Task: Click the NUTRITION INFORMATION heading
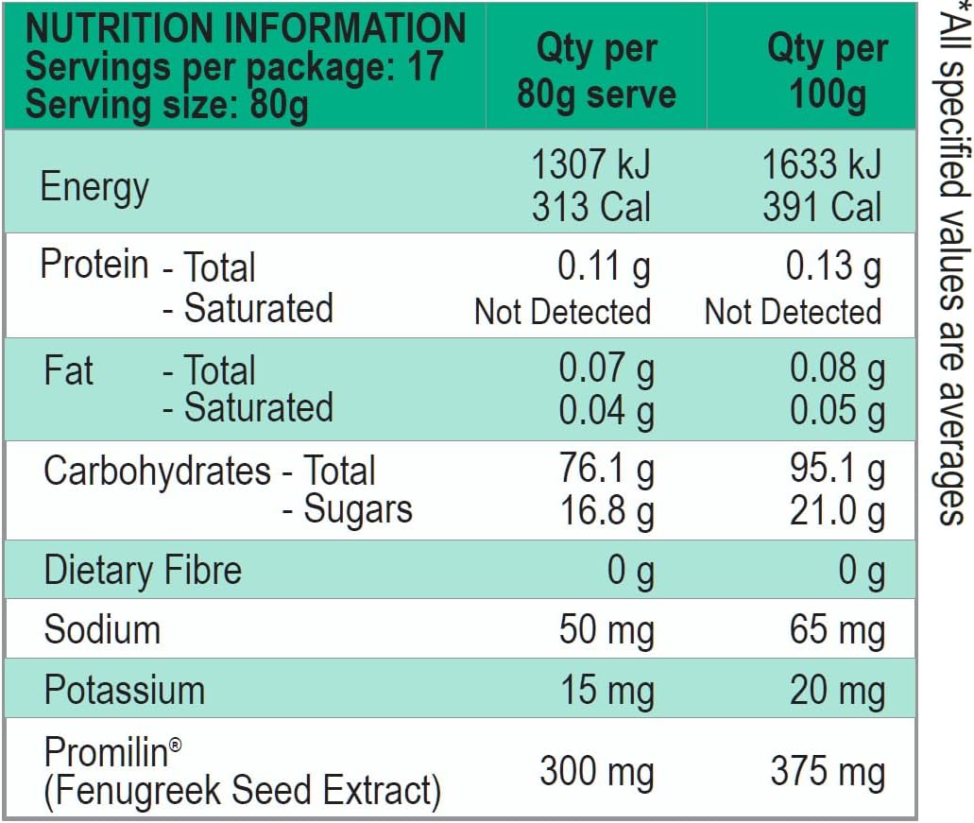(246, 28)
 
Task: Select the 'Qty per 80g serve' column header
(596, 72)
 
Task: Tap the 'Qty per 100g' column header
(828, 72)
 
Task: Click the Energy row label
(94, 186)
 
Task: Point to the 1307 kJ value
(591, 164)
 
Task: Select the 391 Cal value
(822, 207)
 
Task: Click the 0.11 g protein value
(605, 267)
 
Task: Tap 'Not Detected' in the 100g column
(793, 311)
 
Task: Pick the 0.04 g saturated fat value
(607, 409)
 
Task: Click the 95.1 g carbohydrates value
(838, 471)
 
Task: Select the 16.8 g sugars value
(607, 511)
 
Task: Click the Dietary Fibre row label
(143, 570)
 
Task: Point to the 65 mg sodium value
(837, 629)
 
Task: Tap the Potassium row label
(125, 690)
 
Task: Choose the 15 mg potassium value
(607, 690)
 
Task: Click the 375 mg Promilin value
(828, 772)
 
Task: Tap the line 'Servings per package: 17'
(233, 67)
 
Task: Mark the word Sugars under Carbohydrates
(358, 509)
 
